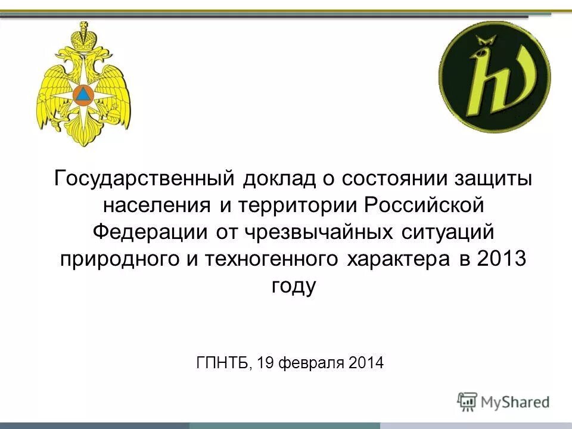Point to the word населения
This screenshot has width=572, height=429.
[x=157, y=206]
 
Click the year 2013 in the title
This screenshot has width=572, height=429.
[x=502, y=260]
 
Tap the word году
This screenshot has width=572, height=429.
[x=293, y=287]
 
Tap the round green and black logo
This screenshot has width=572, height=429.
[x=495, y=77]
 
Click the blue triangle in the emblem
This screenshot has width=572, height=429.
[x=83, y=94]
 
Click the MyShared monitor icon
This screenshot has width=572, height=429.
[x=468, y=402]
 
